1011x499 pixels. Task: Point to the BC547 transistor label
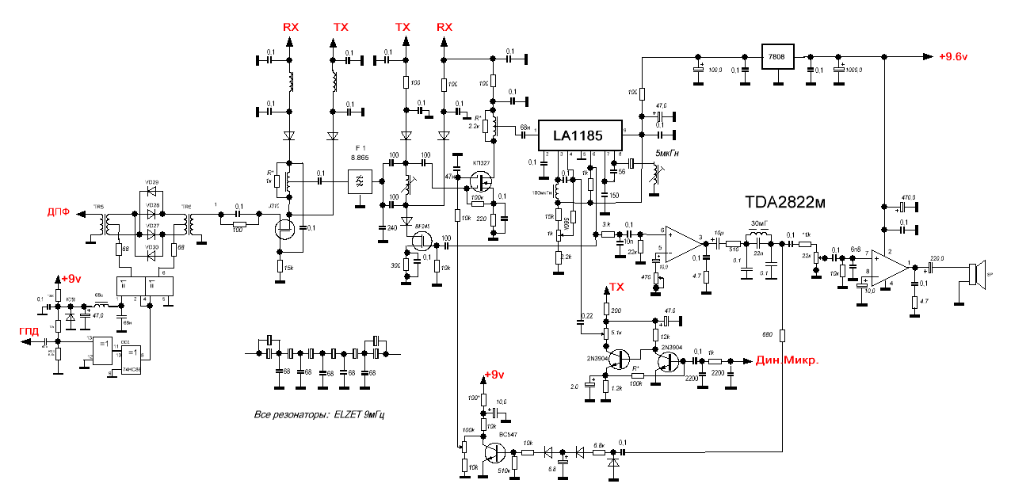pos(507,435)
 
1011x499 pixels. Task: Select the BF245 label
pos(422,226)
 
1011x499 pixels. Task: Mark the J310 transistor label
pos(275,206)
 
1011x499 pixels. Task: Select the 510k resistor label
pos(502,471)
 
